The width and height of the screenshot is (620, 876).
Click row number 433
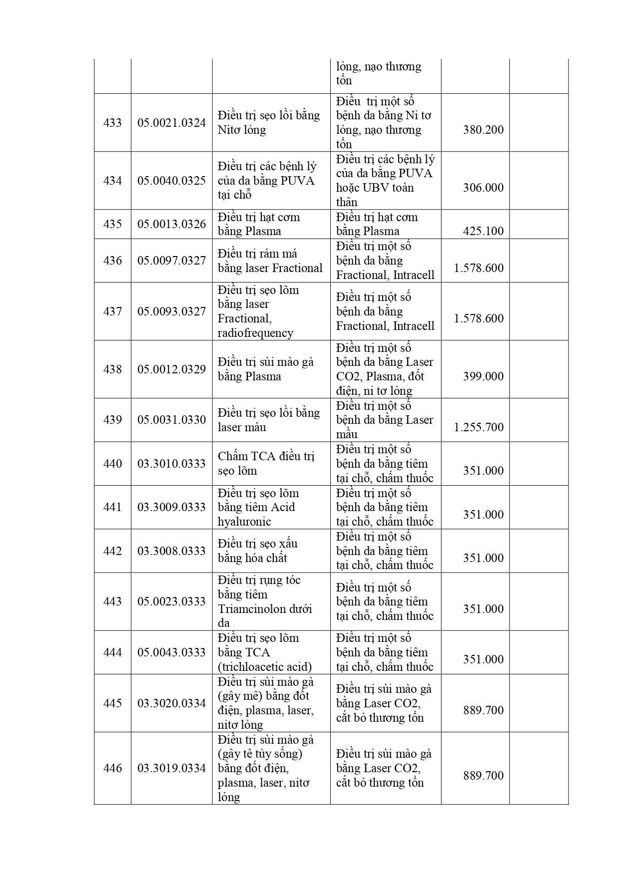click(x=112, y=123)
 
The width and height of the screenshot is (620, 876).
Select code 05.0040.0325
click(x=171, y=181)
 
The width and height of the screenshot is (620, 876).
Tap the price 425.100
click(x=483, y=231)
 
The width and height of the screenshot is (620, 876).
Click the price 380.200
click(x=483, y=130)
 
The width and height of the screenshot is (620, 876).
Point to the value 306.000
click(x=483, y=188)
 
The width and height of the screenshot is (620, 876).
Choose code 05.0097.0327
click(x=171, y=261)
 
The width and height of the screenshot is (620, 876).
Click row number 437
click(x=112, y=311)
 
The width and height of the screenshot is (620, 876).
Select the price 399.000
click(x=483, y=376)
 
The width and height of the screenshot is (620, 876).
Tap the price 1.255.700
click(x=479, y=427)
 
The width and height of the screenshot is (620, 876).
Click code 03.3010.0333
click(x=171, y=464)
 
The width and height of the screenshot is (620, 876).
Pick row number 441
click(x=112, y=507)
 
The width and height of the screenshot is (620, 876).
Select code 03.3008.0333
click(x=171, y=551)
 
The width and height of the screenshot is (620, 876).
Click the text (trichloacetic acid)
click(x=265, y=667)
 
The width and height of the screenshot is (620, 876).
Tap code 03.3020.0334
click(x=171, y=703)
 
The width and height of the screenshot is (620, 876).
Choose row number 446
click(x=112, y=768)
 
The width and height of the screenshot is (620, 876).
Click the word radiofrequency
click(x=255, y=333)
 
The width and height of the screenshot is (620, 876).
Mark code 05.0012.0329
click(x=171, y=369)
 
